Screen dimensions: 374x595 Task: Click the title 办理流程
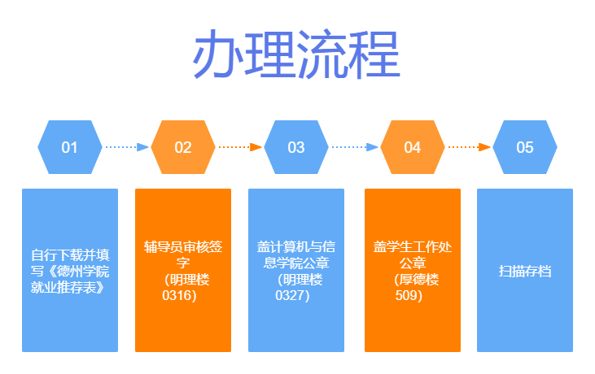coord(296,56)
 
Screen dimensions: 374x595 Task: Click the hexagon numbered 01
coord(69,147)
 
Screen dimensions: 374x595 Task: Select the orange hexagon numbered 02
coord(183,147)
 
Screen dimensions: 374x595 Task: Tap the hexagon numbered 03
coord(295,147)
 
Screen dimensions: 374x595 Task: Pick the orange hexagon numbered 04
coord(413,147)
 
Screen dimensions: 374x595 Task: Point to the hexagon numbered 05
coord(525,147)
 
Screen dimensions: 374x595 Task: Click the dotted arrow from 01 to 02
coord(127,147)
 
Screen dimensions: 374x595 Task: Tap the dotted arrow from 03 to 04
coord(355,147)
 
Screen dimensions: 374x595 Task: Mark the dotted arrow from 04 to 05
coord(469,147)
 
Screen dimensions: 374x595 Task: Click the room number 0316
coord(179,295)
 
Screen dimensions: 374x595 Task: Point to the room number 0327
coord(292,295)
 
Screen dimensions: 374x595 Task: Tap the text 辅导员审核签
coord(183,246)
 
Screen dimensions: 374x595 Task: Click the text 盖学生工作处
coord(413,246)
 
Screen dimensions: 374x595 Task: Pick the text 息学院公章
coord(295,263)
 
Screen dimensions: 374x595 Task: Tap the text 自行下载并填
coord(69,254)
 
